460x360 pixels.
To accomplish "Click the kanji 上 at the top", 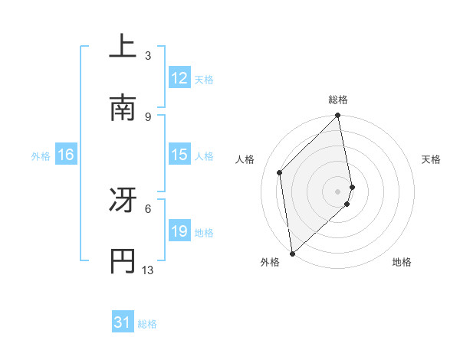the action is [123, 47].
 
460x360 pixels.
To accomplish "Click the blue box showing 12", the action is [179, 78].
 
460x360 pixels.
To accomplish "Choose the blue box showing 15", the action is [179, 155].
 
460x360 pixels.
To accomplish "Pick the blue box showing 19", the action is [179, 231].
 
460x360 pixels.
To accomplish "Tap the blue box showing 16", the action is [66, 155].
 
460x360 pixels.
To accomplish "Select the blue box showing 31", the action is [123, 323].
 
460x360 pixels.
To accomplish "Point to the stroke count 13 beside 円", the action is [148, 270].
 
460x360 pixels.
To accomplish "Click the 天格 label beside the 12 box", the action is [204, 79].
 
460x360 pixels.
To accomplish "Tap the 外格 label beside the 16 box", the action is [41, 155].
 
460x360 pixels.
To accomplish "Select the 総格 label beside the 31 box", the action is [147, 324].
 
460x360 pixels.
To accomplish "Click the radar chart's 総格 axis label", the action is [338, 100].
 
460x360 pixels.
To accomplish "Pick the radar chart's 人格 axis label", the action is [245, 159].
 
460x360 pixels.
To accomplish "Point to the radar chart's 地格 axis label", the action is [402, 262].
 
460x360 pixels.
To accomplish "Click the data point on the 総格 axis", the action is [338, 116].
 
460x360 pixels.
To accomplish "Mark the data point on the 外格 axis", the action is [292, 253].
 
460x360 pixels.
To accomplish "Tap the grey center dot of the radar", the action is [338, 190].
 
